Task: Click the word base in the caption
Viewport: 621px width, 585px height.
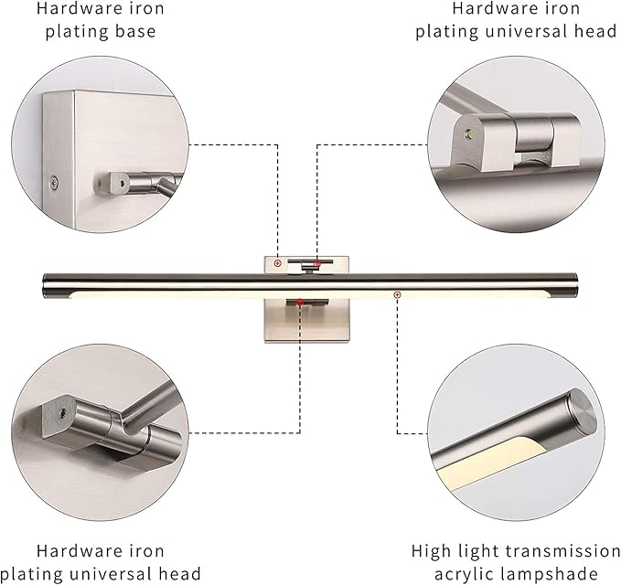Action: pos(136,32)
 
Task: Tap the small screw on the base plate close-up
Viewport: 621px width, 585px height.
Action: pos(54,181)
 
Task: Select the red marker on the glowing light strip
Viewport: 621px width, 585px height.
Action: pos(397,294)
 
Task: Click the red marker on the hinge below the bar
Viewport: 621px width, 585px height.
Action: pos(298,302)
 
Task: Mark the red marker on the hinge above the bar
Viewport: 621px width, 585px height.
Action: pos(317,263)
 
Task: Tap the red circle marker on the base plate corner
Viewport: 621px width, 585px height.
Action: pos(277,262)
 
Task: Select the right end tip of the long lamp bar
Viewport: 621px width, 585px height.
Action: pos(576,282)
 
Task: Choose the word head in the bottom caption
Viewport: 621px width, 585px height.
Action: pos(179,574)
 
